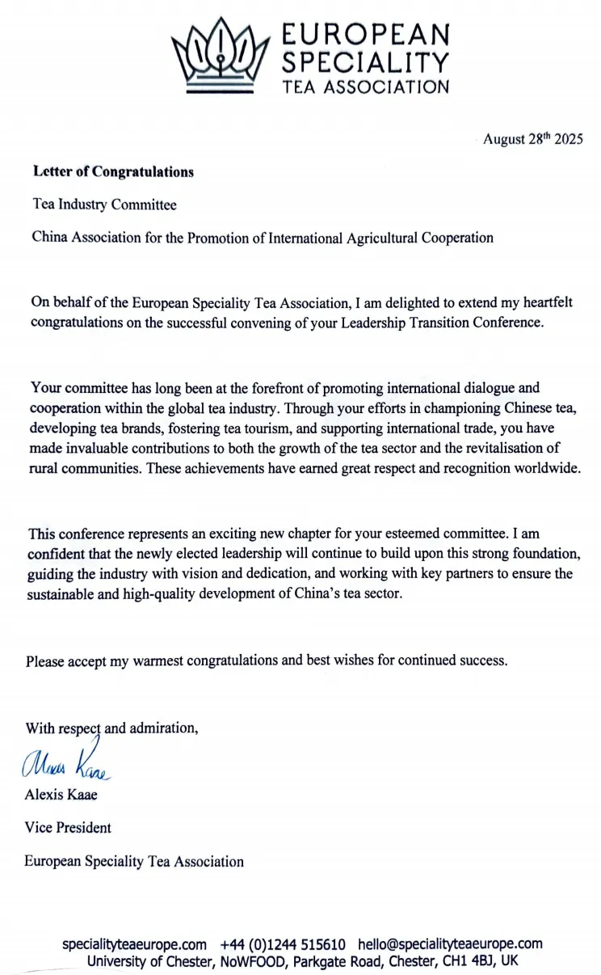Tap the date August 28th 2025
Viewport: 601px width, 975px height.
(x=532, y=139)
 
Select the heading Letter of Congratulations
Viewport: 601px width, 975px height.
(x=113, y=171)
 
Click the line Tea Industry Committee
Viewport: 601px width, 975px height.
(x=103, y=205)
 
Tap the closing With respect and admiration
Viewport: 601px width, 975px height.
(x=111, y=728)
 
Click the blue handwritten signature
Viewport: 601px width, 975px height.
(x=71, y=763)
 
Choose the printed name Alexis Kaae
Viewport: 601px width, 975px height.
(x=62, y=794)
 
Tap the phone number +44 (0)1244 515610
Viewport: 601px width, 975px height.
(x=283, y=944)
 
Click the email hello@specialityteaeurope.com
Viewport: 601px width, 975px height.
(x=450, y=944)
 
